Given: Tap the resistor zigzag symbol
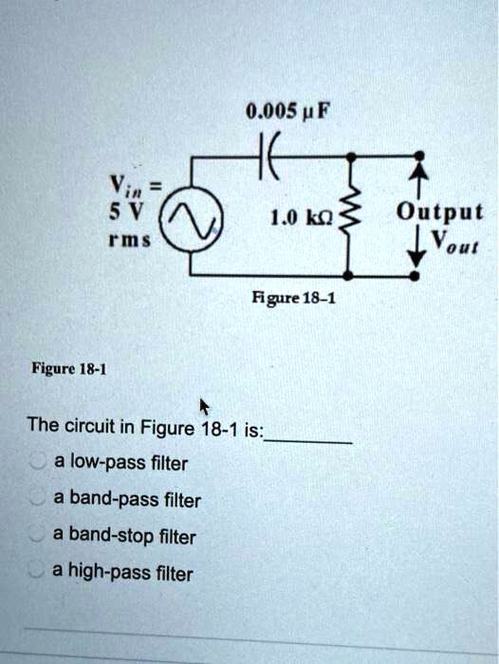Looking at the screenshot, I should [x=353, y=216].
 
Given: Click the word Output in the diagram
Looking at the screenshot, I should [x=440, y=211].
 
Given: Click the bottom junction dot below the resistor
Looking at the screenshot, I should [x=352, y=276].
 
